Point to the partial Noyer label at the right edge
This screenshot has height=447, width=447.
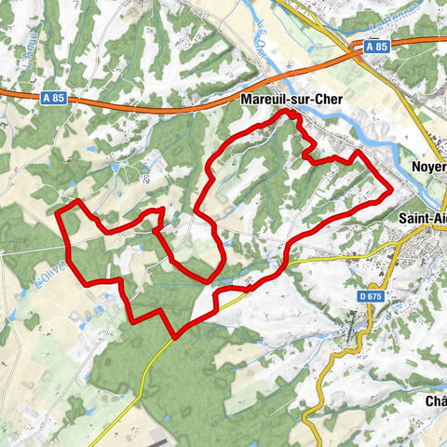click(x=428, y=167)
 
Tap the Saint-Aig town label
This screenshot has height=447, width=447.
click(x=421, y=220)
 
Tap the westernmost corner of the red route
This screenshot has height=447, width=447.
click(x=59, y=214)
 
